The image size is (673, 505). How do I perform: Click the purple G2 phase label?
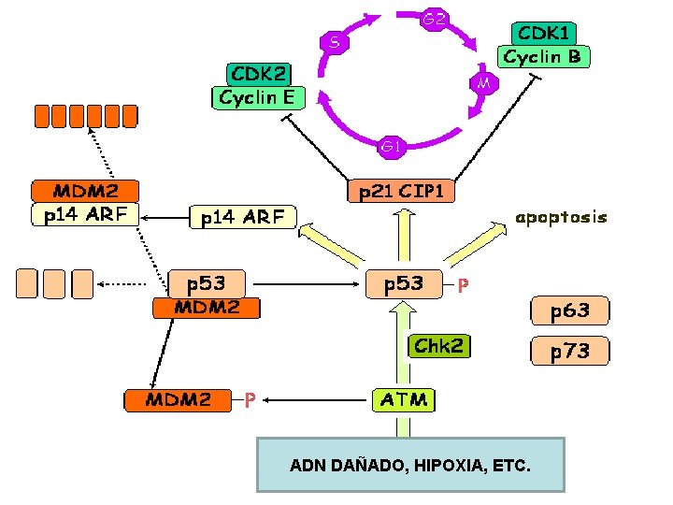tap(433, 19)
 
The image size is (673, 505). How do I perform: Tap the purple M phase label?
tap(483, 83)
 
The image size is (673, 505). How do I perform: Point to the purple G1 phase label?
tap(391, 146)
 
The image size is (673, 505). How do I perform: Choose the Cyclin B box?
tap(542, 57)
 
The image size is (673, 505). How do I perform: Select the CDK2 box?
tap(259, 73)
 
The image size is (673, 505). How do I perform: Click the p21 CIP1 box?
tap(402, 192)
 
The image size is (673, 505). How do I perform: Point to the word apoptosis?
tap(561, 217)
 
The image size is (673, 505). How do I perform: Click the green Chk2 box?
tap(439, 346)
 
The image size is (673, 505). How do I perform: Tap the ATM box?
tap(403, 400)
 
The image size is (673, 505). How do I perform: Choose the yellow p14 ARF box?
tap(243, 217)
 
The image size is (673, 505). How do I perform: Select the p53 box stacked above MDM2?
tap(208, 282)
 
